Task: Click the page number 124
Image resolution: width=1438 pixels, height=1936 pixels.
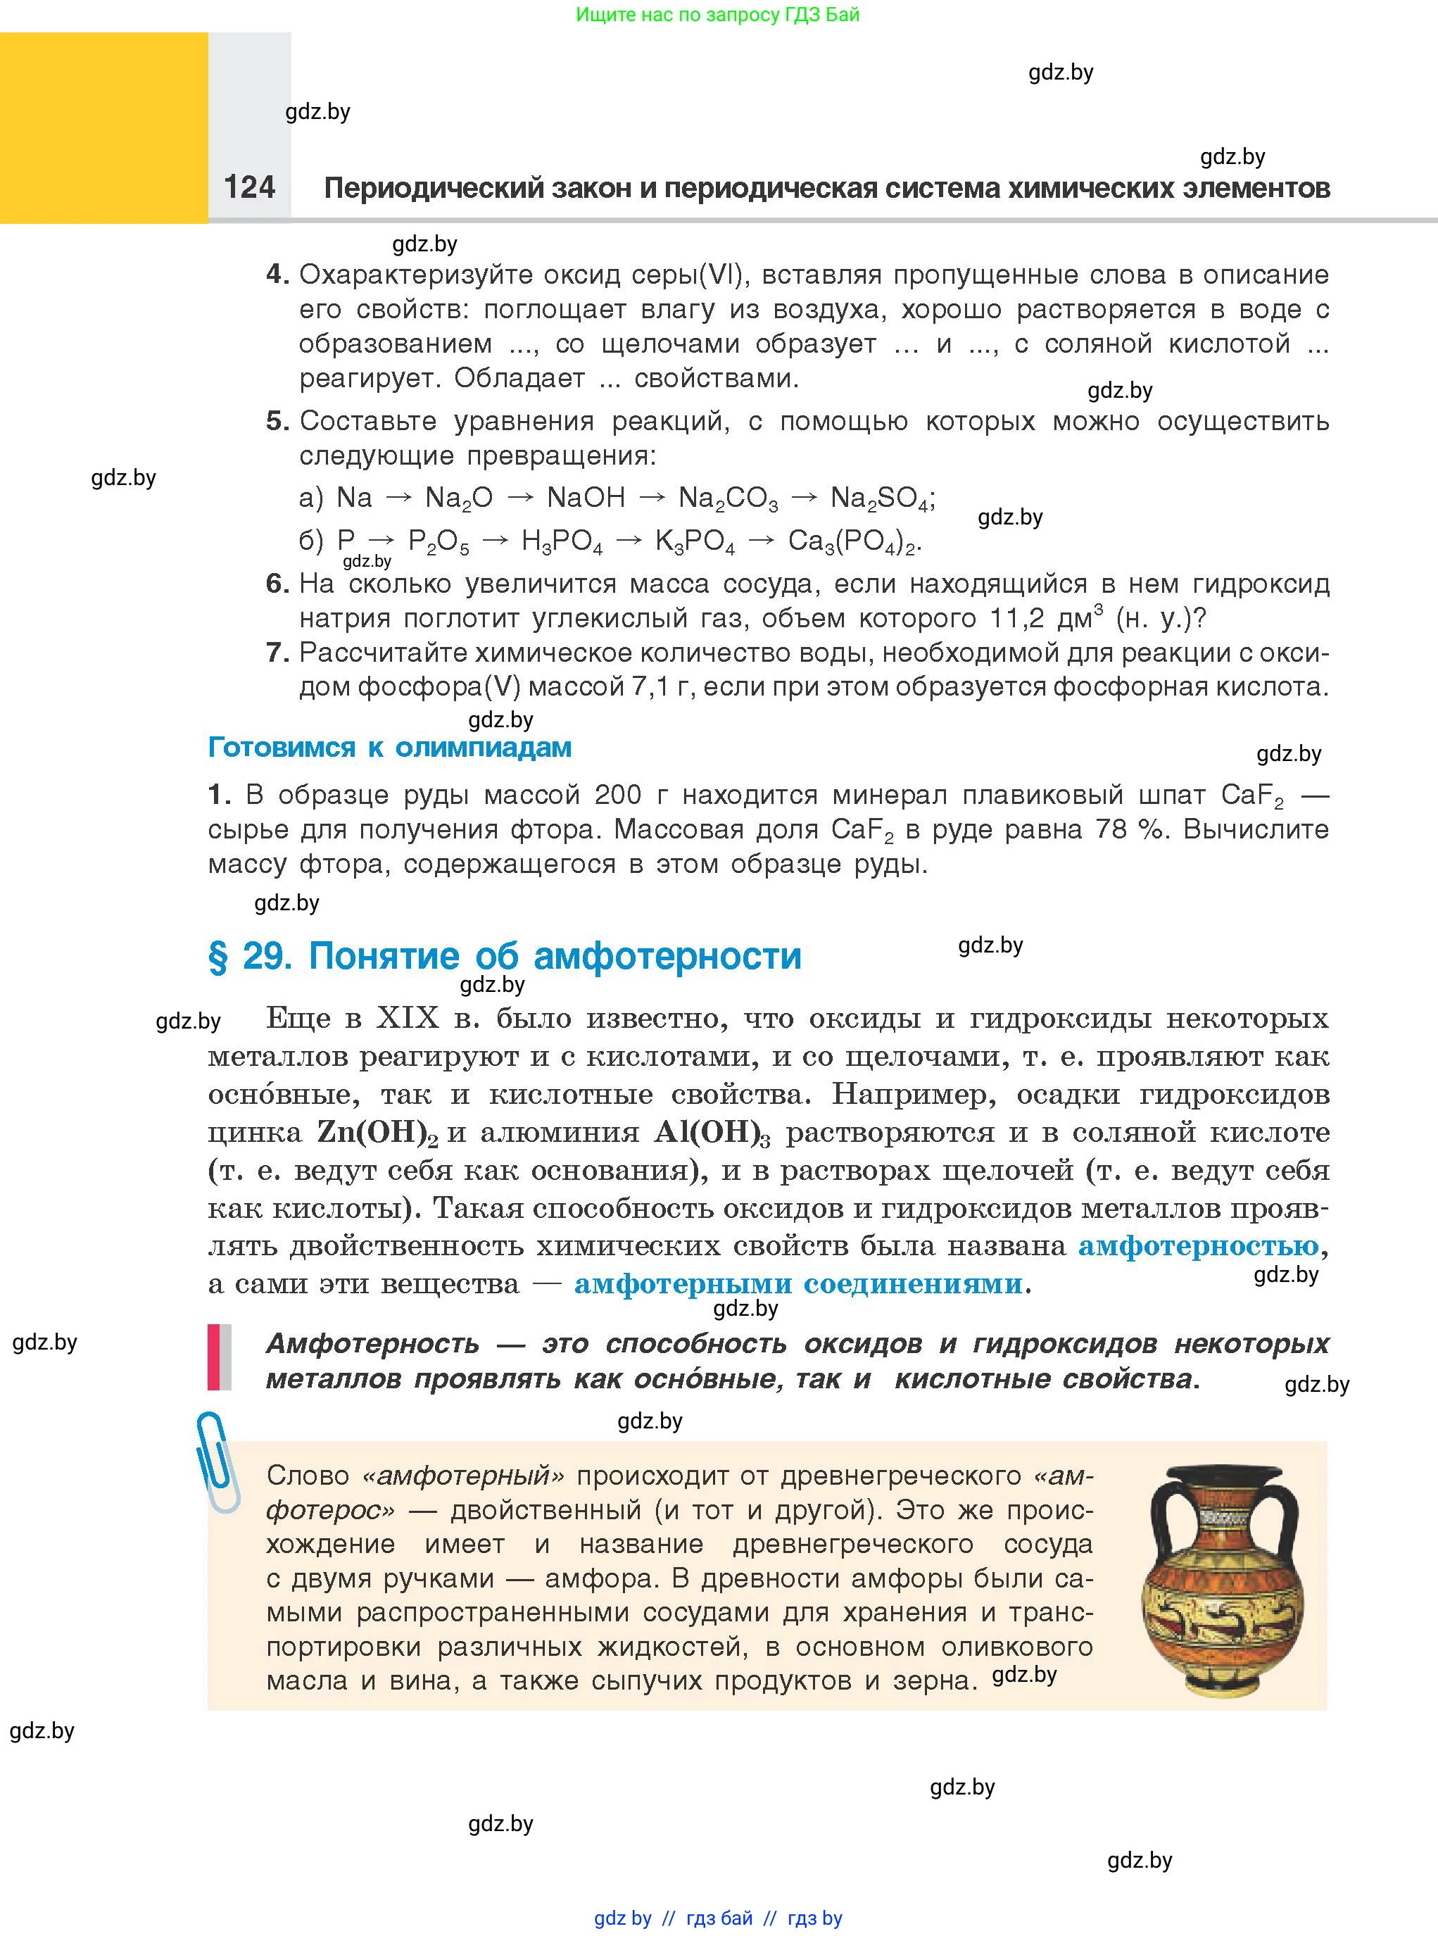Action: [x=249, y=187]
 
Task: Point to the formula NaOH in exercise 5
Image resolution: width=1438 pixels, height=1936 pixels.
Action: [x=585, y=498]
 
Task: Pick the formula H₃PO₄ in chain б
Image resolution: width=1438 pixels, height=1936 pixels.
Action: [x=562, y=541]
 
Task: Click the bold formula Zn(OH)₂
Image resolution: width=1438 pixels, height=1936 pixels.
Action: [x=377, y=1133]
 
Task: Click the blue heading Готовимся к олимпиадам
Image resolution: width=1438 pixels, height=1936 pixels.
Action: [x=389, y=747]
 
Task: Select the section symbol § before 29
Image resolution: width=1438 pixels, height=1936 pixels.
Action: [x=217, y=957]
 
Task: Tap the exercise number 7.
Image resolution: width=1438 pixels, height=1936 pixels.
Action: [x=277, y=652]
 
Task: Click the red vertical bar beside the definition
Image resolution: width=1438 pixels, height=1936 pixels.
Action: [x=213, y=1357]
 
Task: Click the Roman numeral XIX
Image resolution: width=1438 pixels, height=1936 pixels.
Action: [x=408, y=1019]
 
